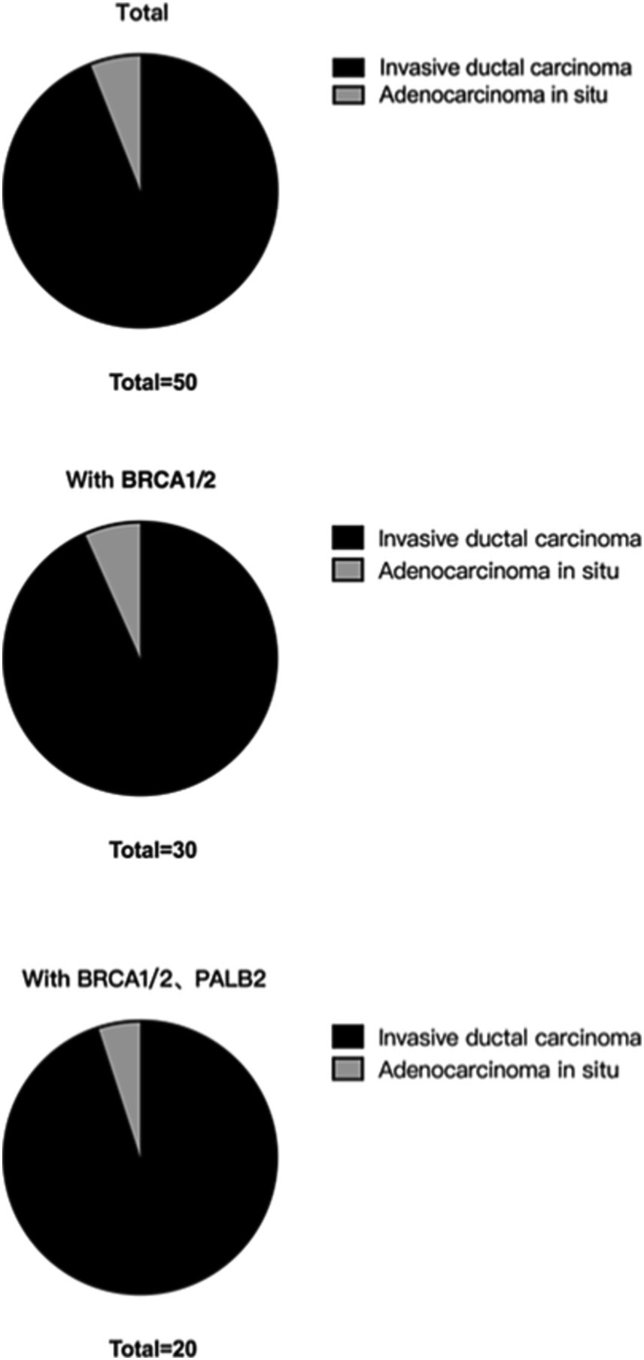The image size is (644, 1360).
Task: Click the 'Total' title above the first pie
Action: (x=142, y=14)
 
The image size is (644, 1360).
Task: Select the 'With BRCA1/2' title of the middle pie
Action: (x=141, y=480)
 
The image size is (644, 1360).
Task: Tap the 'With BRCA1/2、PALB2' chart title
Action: (x=144, y=979)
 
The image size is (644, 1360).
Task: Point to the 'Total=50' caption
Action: (x=153, y=382)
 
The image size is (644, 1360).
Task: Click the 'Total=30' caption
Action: (x=153, y=850)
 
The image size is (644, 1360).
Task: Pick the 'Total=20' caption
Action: (x=153, y=1349)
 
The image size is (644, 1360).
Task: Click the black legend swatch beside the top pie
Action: (x=348, y=67)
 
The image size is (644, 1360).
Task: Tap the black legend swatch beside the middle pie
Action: (x=348, y=538)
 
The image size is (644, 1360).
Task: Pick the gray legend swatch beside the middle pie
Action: (x=348, y=570)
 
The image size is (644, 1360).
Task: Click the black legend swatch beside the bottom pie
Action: (x=348, y=1037)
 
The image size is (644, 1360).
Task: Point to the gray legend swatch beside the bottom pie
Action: (x=348, y=1069)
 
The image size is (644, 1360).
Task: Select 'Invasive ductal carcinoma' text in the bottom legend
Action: (x=510, y=1037)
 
